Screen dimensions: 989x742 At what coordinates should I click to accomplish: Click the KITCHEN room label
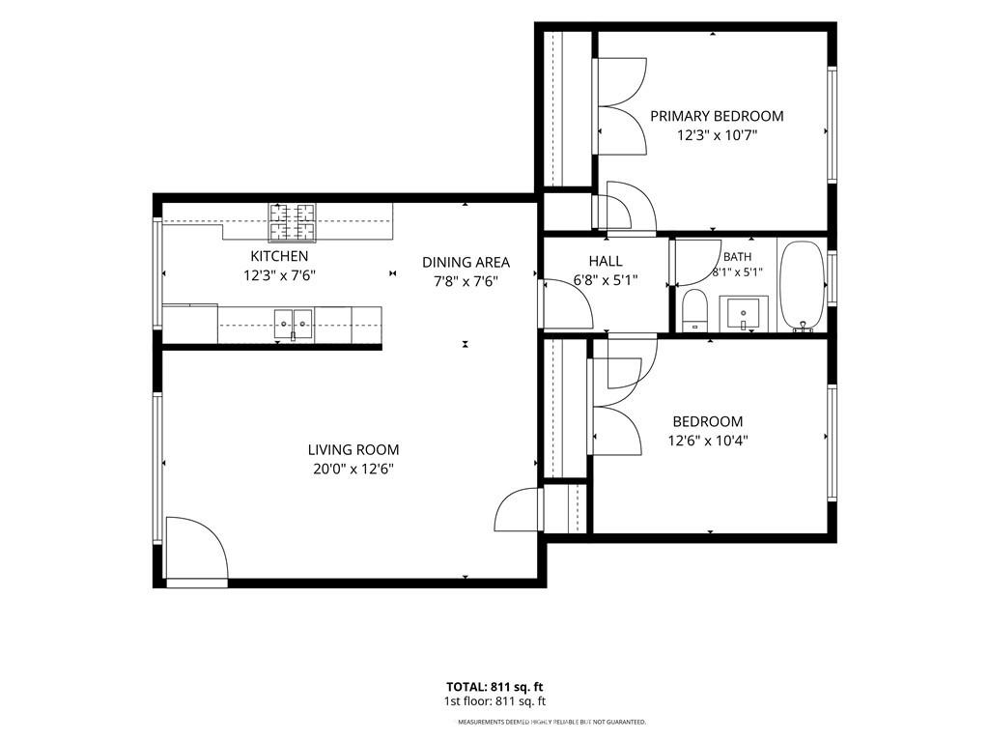coord(279,256)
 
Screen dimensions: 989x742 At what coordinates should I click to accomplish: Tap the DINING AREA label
coord(466,263)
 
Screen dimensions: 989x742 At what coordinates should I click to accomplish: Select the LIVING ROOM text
coord(353,450)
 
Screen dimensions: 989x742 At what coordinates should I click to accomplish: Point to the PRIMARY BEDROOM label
coord(718,116)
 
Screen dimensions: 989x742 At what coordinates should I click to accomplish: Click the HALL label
coord(606,261)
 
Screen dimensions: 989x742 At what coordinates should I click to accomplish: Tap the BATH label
coord(737,257)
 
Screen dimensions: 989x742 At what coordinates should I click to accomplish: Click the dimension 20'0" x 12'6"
coord(353,469)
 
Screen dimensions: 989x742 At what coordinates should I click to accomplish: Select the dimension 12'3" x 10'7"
coord(718,135)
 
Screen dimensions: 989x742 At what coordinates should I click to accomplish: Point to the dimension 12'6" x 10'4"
coord(708,441)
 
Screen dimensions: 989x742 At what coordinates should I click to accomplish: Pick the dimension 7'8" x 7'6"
coord(466,281)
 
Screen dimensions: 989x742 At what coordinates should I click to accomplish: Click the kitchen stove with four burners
coord(293,223)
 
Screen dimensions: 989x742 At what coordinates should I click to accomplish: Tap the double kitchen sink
coord(294,325)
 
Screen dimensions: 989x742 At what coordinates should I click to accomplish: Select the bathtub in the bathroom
coord(803,286)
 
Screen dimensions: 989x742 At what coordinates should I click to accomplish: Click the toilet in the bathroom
coord(695,310)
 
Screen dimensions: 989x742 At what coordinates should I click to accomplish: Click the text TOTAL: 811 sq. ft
coord(494,687)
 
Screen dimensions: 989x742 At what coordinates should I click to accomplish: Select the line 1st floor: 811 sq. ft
coord(494,701)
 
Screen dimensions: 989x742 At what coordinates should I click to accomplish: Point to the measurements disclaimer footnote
coord(551,722)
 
